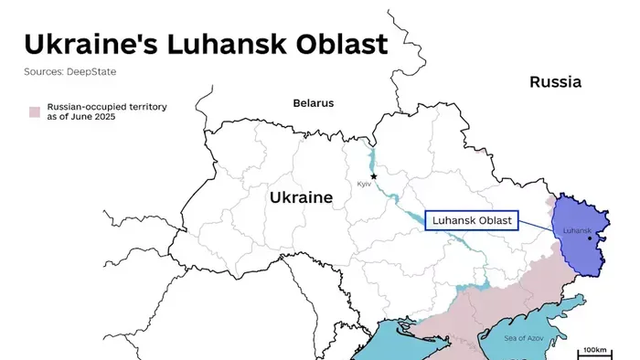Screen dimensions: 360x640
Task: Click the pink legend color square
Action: [34, 111]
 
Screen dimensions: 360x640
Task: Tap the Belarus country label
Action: [314, 103]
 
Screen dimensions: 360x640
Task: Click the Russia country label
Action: [555, 82]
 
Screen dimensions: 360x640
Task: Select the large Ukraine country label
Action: [301, 197]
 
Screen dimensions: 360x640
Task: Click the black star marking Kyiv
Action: [373, 176]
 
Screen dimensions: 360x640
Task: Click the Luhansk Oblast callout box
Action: [473, 220]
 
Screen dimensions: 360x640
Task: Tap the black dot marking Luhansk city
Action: [590, 238]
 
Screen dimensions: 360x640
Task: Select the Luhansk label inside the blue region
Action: [579, 229]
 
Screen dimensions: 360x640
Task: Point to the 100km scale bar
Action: [594, 352]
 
